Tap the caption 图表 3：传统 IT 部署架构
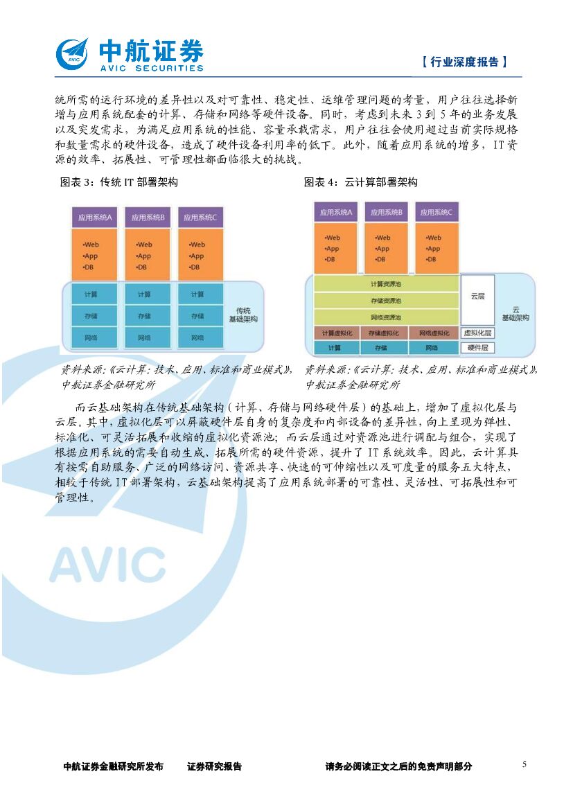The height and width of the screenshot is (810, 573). pyautogui.click(x=119, y=182)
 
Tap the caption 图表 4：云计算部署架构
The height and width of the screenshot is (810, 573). pyautogui.click(x=361, y=182)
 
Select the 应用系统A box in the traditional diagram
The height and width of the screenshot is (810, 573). pyautogui.click(x=94, y=218)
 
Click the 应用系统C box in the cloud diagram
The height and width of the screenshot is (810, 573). pyautogui.click(x=434, y=212)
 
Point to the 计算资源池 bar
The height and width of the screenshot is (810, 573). pyautogui.click(x=385, y=284)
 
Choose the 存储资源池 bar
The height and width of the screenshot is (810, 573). pyautogui.click(x=385, y=301)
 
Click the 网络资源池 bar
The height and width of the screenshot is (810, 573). pyautogui.click(x=385, y=317)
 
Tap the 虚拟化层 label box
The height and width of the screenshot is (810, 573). pyautogui.click(x=477, y=333)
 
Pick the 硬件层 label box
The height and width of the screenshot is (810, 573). pyautogui.click(x=477, y=348)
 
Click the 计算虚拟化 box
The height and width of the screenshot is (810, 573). pyautogui.click(x=337, y=333)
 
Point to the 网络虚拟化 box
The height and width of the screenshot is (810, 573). pyautogui.click(x=433, y=333)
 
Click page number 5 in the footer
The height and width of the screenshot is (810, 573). pyautogui.click(x=524, y=764)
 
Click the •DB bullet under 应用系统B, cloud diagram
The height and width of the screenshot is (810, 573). pyautogui.click(x=380, y=259)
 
